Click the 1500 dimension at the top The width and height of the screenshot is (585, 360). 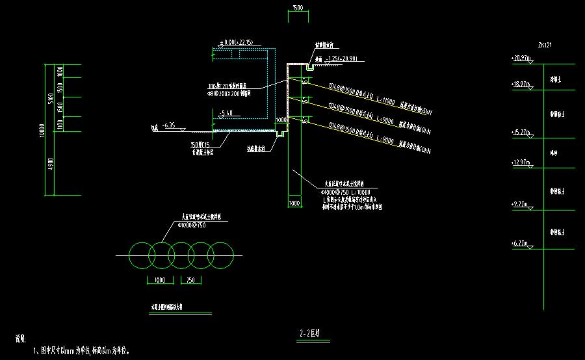click(297, 8)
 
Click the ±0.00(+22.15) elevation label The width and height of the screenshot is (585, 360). click(238, 43)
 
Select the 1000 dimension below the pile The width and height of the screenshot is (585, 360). click(294, 204)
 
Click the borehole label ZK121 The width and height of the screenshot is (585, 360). click(544, 45)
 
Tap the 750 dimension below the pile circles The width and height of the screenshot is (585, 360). click(190, 281)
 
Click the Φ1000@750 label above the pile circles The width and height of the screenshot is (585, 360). click(192, 225)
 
